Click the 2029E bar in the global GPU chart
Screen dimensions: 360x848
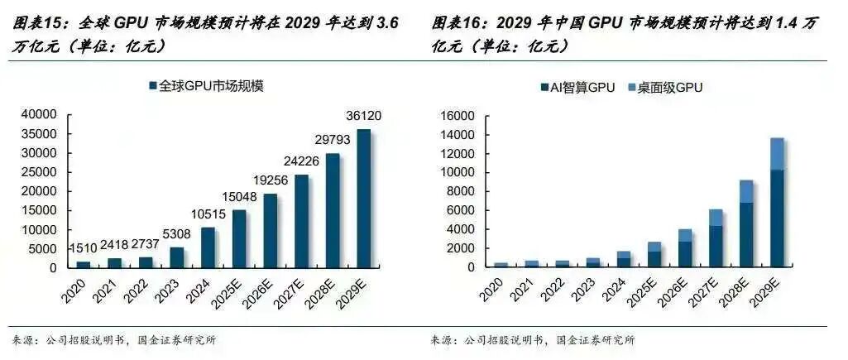click(363, 199)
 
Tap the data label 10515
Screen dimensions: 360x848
click(208, 215)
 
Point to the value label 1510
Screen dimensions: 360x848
click(82, 248)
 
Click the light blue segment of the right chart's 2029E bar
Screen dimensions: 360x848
click(777, 154)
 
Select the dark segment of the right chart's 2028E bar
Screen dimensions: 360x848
click(745, 235)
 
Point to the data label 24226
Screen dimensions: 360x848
click(301, 162)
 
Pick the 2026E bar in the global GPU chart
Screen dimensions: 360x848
click(270, 231)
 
